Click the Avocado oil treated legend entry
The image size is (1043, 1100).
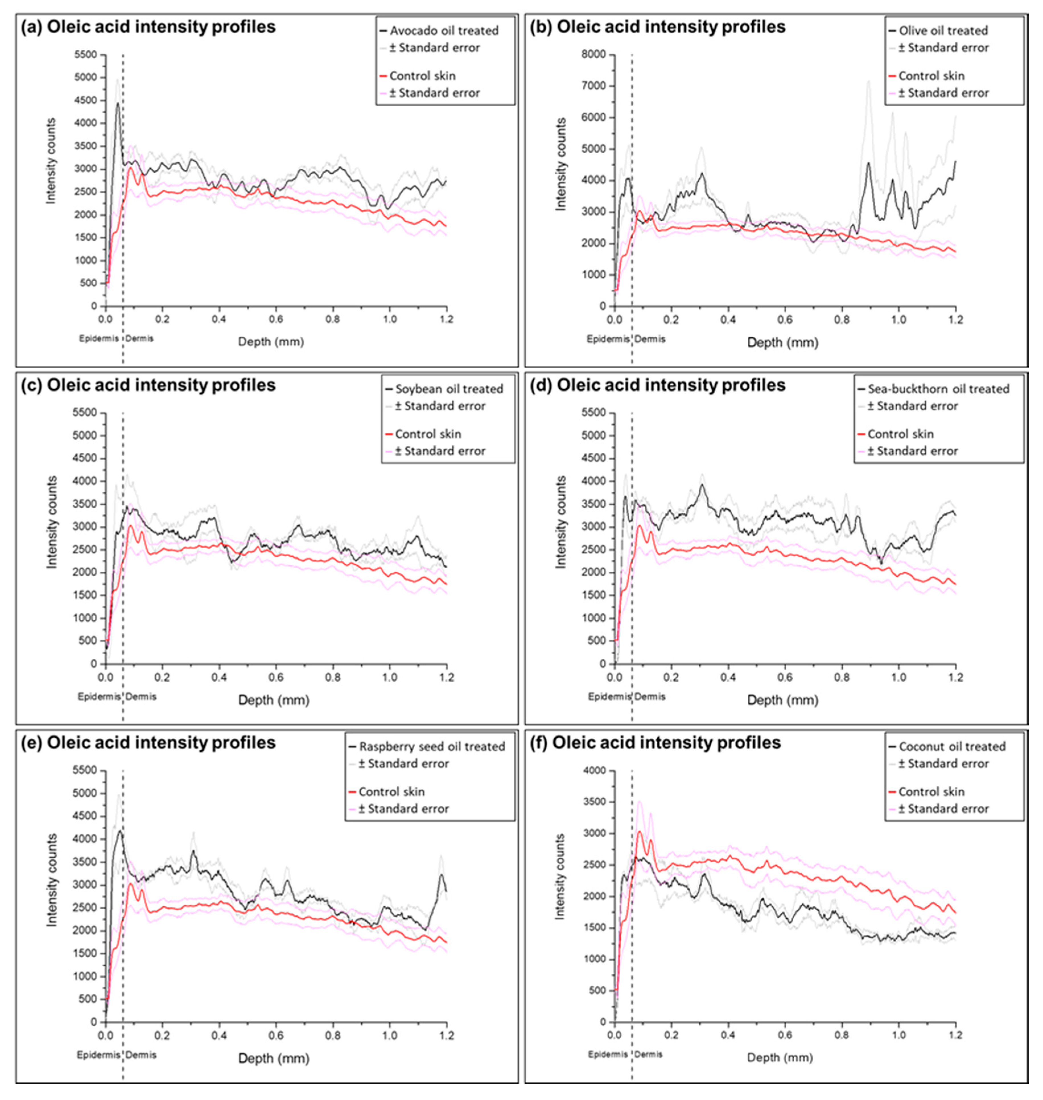[444, 30]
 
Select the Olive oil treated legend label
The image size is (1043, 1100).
[943, 30]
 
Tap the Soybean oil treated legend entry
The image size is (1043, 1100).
[449, 388]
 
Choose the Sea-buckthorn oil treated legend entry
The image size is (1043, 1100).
[939, 388]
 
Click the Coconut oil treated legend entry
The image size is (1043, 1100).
[952, 747]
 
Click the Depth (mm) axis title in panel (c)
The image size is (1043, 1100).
[273, 700]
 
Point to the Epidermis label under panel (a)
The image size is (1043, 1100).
[97, 338]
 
